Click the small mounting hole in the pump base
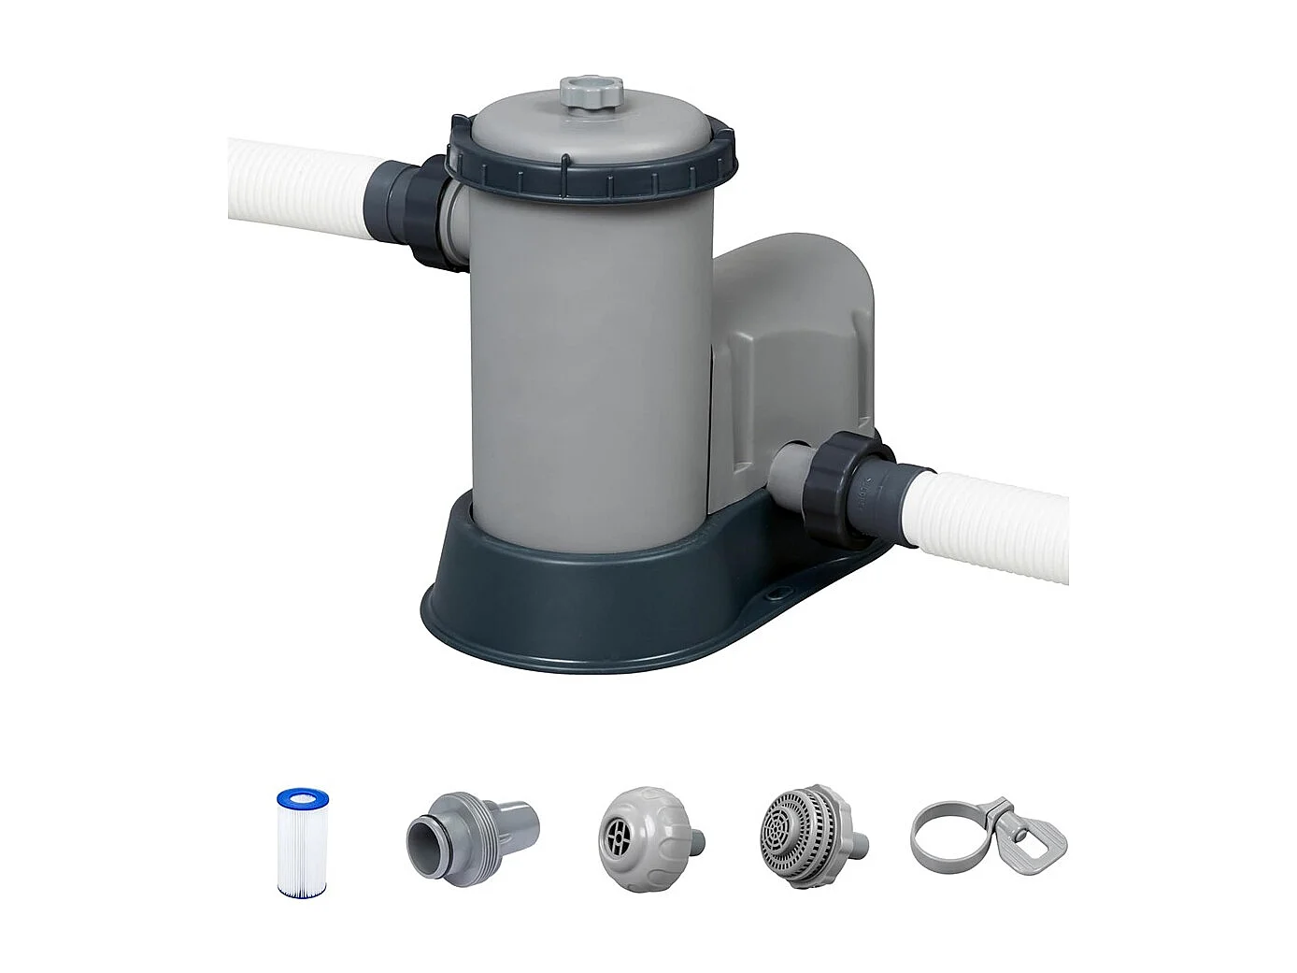click(x=773, y=591)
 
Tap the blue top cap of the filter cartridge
click(x=301, y=800)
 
